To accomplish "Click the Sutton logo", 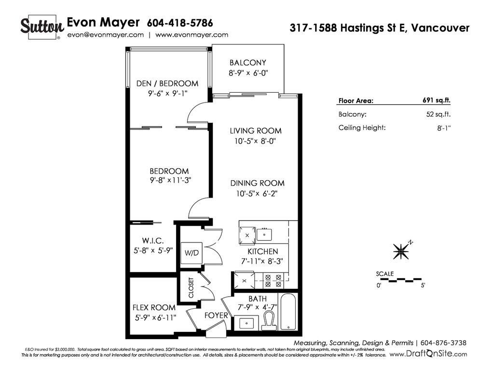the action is click(42, 27).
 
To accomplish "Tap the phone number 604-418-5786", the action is click(180, 23).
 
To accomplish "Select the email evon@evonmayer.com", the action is click(106, 35).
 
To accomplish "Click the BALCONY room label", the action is click(248, 62).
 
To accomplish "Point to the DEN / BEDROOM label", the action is click(167, 83).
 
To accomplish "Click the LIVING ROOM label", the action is click(256, 130).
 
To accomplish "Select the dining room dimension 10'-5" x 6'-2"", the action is click(257, 193).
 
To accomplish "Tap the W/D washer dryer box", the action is click(192, 253).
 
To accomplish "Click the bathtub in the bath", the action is click(288, 312).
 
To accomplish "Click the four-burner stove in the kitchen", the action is click(273, 281).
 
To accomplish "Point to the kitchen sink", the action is click(264, 234).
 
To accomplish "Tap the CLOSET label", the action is click(191, 288).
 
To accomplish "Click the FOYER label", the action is click(216, 315).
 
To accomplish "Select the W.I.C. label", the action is click(153, 241).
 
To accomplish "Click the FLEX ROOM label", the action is click(154, 308).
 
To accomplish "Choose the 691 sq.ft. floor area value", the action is click(437, 100).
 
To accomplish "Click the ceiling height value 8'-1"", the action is click(444, 128).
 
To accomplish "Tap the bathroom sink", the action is click(247, 323).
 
